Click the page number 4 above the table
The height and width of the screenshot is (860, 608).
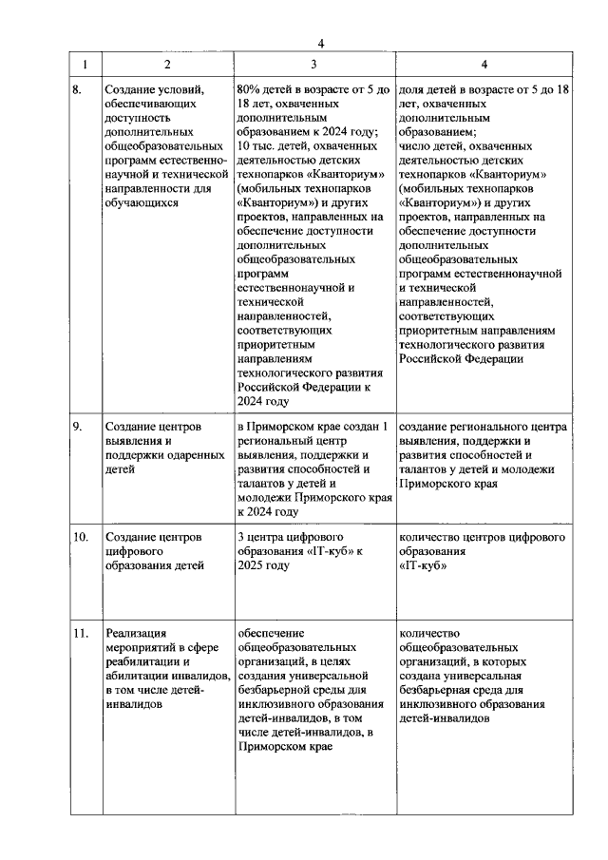(321, 43)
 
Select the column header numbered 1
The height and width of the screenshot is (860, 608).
(85, 65)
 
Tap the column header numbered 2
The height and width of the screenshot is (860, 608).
(167, 65)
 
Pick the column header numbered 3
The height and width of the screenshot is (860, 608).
(313, 65)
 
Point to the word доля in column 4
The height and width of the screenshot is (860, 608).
(413, 89)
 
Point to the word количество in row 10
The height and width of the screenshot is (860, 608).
(431, 537)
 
